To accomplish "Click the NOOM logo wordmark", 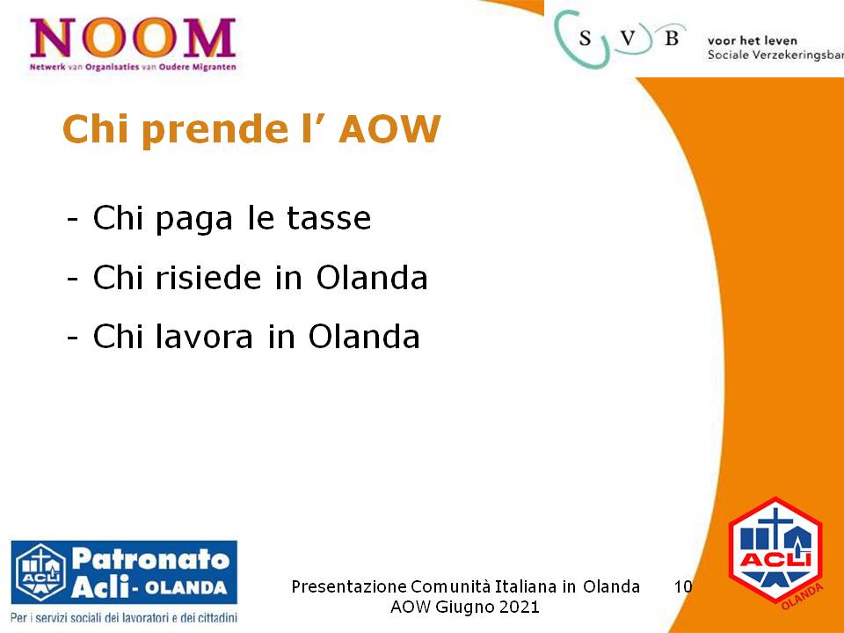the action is (133, 38).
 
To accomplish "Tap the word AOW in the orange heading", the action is (389, 129).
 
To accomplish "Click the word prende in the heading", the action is (216, 131).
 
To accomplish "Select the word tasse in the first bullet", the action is (329, 218).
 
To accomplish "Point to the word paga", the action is (193, 221).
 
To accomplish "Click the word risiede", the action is (208, 277).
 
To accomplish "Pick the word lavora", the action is (204, 337).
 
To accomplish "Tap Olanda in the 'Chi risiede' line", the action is (371, 277).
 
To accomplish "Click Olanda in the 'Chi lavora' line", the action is (364, 337).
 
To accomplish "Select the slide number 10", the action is (683, 586).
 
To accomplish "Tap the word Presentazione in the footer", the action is (349, 586).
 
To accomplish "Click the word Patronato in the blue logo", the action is (150, 559).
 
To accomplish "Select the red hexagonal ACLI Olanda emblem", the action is (775, 553).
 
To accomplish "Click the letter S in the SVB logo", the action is (586, 38).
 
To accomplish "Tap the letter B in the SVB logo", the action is (671, 38).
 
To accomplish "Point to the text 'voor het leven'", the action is (752, 40).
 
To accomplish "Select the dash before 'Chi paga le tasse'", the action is (73, 220).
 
